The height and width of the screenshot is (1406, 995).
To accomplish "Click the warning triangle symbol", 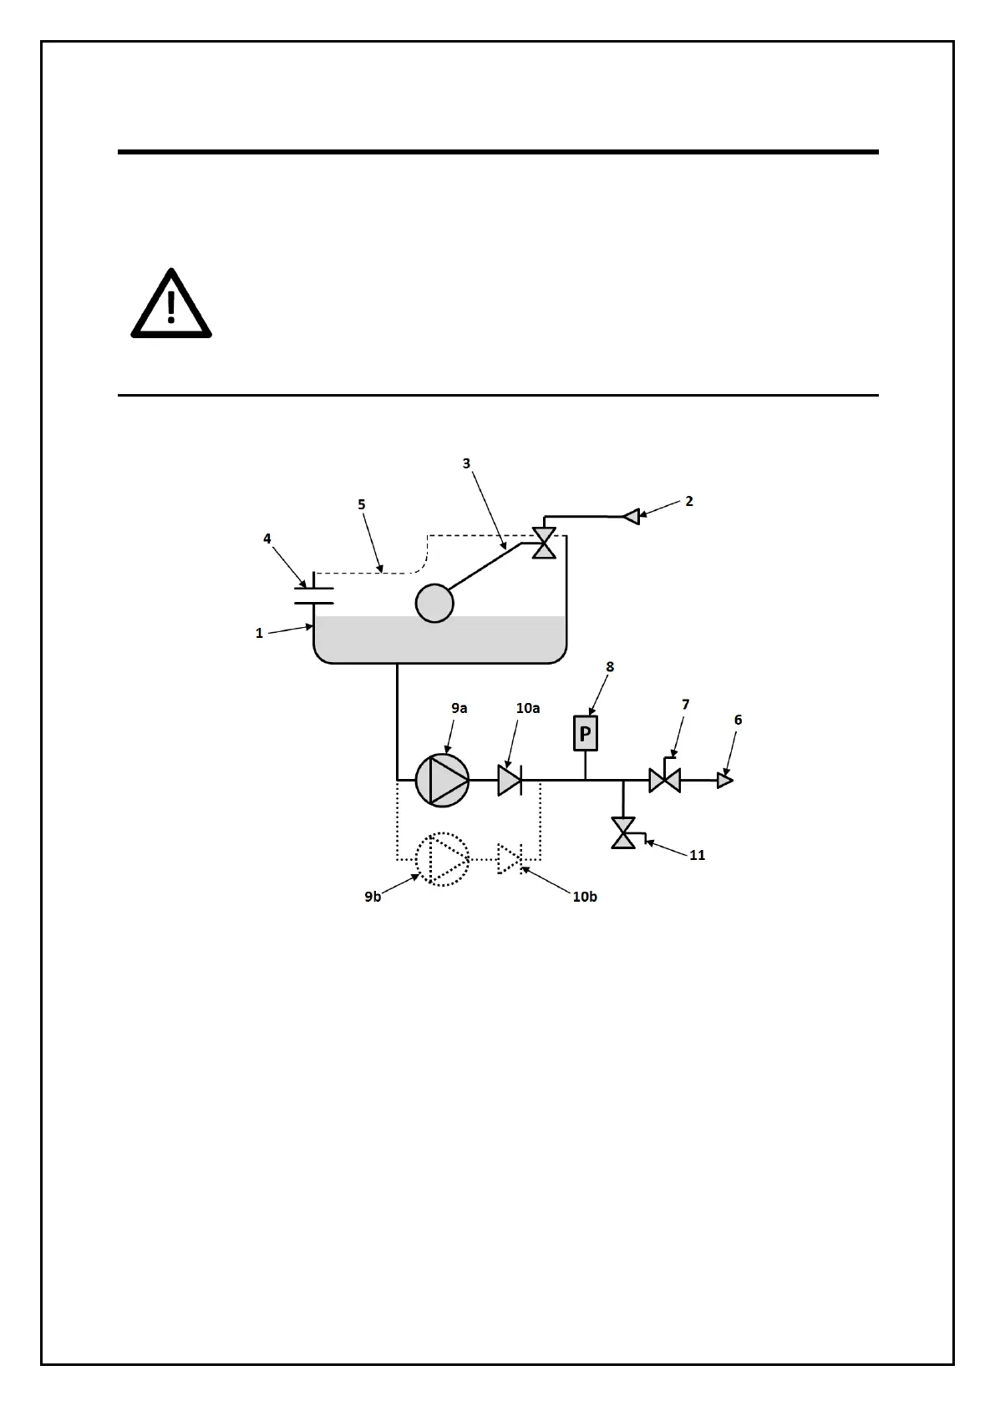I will pos(171,305).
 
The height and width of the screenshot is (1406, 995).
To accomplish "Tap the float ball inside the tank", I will pos(434,602).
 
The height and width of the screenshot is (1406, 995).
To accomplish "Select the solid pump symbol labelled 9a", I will pos(442,781).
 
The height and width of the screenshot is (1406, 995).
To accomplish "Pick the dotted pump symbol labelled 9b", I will pos(442,859).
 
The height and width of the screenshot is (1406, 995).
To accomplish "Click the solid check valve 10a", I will pos(510,781).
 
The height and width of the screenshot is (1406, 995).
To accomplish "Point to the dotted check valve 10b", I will pos(510,859).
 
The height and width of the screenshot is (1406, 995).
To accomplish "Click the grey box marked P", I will pos(586,734).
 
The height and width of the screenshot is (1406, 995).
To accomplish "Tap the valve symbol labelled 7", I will pos(664,781).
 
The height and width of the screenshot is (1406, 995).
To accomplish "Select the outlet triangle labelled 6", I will pos(724,781).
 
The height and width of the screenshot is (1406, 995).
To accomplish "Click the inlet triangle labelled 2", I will pos(632,517).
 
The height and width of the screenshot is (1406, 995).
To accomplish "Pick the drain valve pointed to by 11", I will pos(623,832).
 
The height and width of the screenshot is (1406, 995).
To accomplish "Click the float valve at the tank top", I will pos(544,544).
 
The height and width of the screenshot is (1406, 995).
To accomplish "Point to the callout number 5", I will pos(362,504).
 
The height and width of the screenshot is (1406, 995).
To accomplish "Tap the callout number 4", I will pos(267,539).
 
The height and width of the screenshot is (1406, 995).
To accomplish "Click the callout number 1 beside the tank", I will pos(259,633).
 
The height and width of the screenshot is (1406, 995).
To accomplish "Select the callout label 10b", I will pos(585,897).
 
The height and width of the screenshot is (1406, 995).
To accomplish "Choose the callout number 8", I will pos(610,666).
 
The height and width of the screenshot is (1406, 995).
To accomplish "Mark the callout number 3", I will pos(467,463).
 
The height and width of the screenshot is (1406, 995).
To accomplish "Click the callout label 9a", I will pos(459,708).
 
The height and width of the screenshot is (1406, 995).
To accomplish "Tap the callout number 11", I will pos(697,855).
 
